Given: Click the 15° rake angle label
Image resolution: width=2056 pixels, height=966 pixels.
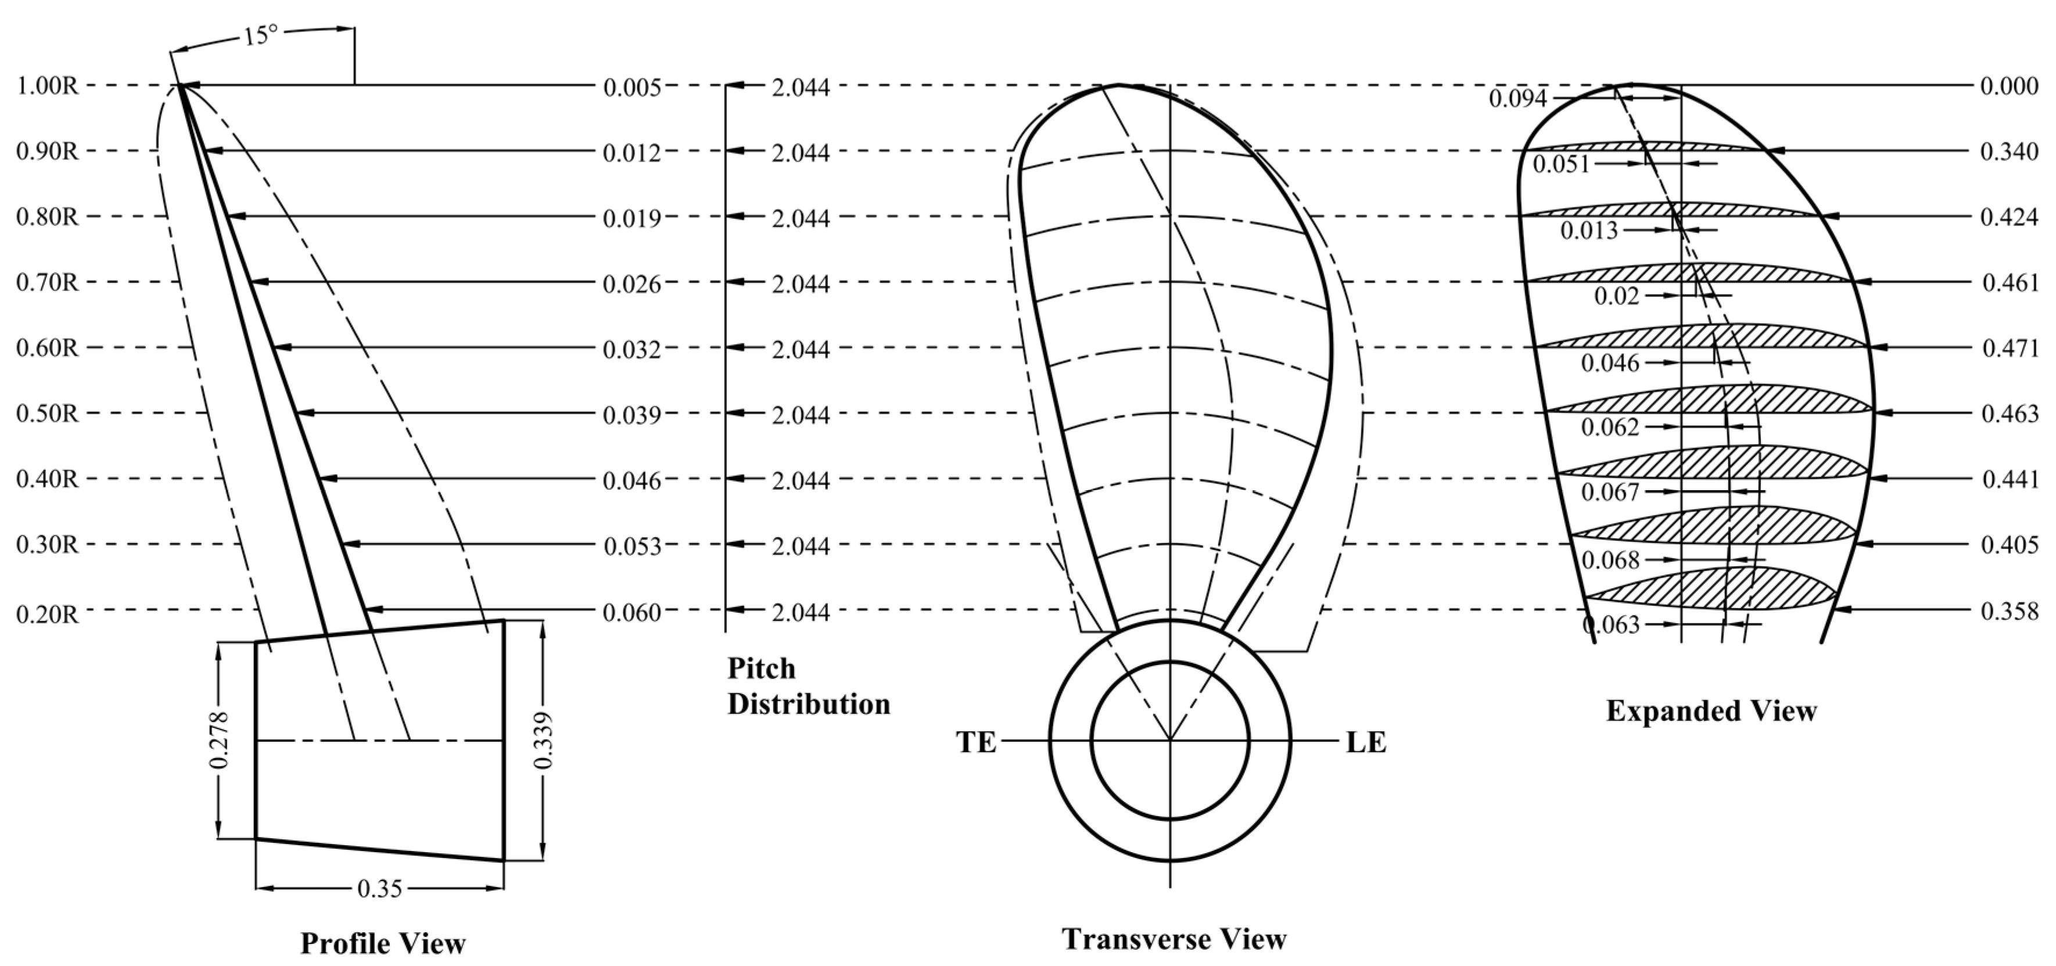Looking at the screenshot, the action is (x=261, y=35).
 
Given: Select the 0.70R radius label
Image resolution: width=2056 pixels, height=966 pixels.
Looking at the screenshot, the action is (x=47, y=283).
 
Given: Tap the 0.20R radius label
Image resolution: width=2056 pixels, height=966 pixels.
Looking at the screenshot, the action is (x=47, y=613).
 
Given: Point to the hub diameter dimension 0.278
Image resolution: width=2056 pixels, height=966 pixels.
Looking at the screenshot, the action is (x=218, y=740).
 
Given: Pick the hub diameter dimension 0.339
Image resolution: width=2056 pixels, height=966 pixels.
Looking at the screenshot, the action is (x=544, y=740).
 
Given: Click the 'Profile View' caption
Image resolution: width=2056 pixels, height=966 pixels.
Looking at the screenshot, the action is (x=382, y=944).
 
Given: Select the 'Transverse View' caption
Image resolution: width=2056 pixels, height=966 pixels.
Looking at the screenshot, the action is (x=1174, y=939).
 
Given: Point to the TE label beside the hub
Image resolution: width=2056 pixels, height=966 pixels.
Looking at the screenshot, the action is (x=976, y=742).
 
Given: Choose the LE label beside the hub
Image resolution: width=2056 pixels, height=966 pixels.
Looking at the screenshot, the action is (x=1366, y=742).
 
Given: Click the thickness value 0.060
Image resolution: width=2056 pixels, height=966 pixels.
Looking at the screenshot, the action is (x=632, y=612).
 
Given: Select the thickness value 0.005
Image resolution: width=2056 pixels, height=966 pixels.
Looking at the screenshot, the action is (x=632, y=87).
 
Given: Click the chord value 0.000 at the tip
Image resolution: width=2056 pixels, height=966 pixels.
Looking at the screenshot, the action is (x=2009, y=86).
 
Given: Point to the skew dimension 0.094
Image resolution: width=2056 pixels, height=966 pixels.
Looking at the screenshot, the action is (x=1517, y=99).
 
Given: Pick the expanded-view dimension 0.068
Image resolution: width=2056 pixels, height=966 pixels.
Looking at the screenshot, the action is (x=1610, y=559).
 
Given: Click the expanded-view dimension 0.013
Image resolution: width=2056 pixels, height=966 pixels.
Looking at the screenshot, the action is (x=1589, y=231).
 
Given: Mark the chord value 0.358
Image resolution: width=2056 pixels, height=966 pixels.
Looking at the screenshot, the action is (x=2009, y=612).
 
